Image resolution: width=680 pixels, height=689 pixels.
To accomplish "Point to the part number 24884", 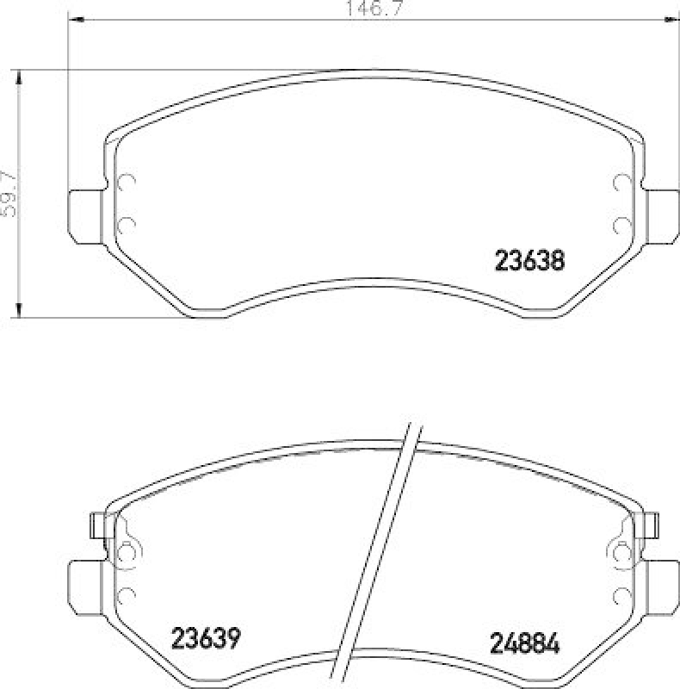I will click(x=525, y=642).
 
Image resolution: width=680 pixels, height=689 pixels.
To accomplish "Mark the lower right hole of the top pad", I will click(x=621, y=225).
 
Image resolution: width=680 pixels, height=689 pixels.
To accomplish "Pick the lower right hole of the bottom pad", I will click(x=621, y=595).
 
